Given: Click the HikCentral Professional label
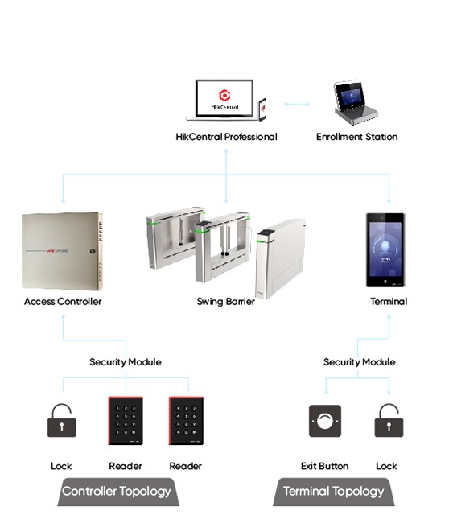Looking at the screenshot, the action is coord(226,137).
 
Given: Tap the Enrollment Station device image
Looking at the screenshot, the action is coord(355,102).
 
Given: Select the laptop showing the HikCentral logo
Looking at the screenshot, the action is coord(224,100).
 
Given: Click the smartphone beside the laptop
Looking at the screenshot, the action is coord(262,109).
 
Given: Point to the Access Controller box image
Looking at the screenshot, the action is coord(62,251).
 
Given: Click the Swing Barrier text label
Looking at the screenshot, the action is coord(225,302).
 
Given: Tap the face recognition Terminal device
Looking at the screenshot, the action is coord(385,250).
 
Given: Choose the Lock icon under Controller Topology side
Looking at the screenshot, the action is coord(62,420).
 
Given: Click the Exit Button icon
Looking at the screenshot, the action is coord(325,421).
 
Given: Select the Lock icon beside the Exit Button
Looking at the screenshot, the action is coord(389,420).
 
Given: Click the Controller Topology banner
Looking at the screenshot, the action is coord(118,492).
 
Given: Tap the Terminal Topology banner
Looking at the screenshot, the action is coord(334,492).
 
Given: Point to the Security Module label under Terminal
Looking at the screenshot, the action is coord(360,362).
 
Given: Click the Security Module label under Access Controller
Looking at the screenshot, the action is coord(126,362).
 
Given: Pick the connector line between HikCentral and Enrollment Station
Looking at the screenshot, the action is coord(297,104).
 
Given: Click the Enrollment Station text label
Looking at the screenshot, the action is coord(357,137).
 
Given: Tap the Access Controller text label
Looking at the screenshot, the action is coord(63,302).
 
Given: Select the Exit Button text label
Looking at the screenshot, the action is coord(324,466).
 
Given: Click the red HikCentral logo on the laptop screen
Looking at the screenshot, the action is coord(224,95).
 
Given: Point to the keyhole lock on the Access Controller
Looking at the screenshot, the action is coord(92,251).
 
